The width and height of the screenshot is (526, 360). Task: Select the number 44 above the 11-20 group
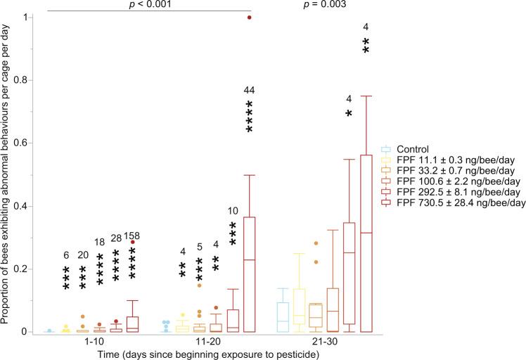click(x=249, y=89)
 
